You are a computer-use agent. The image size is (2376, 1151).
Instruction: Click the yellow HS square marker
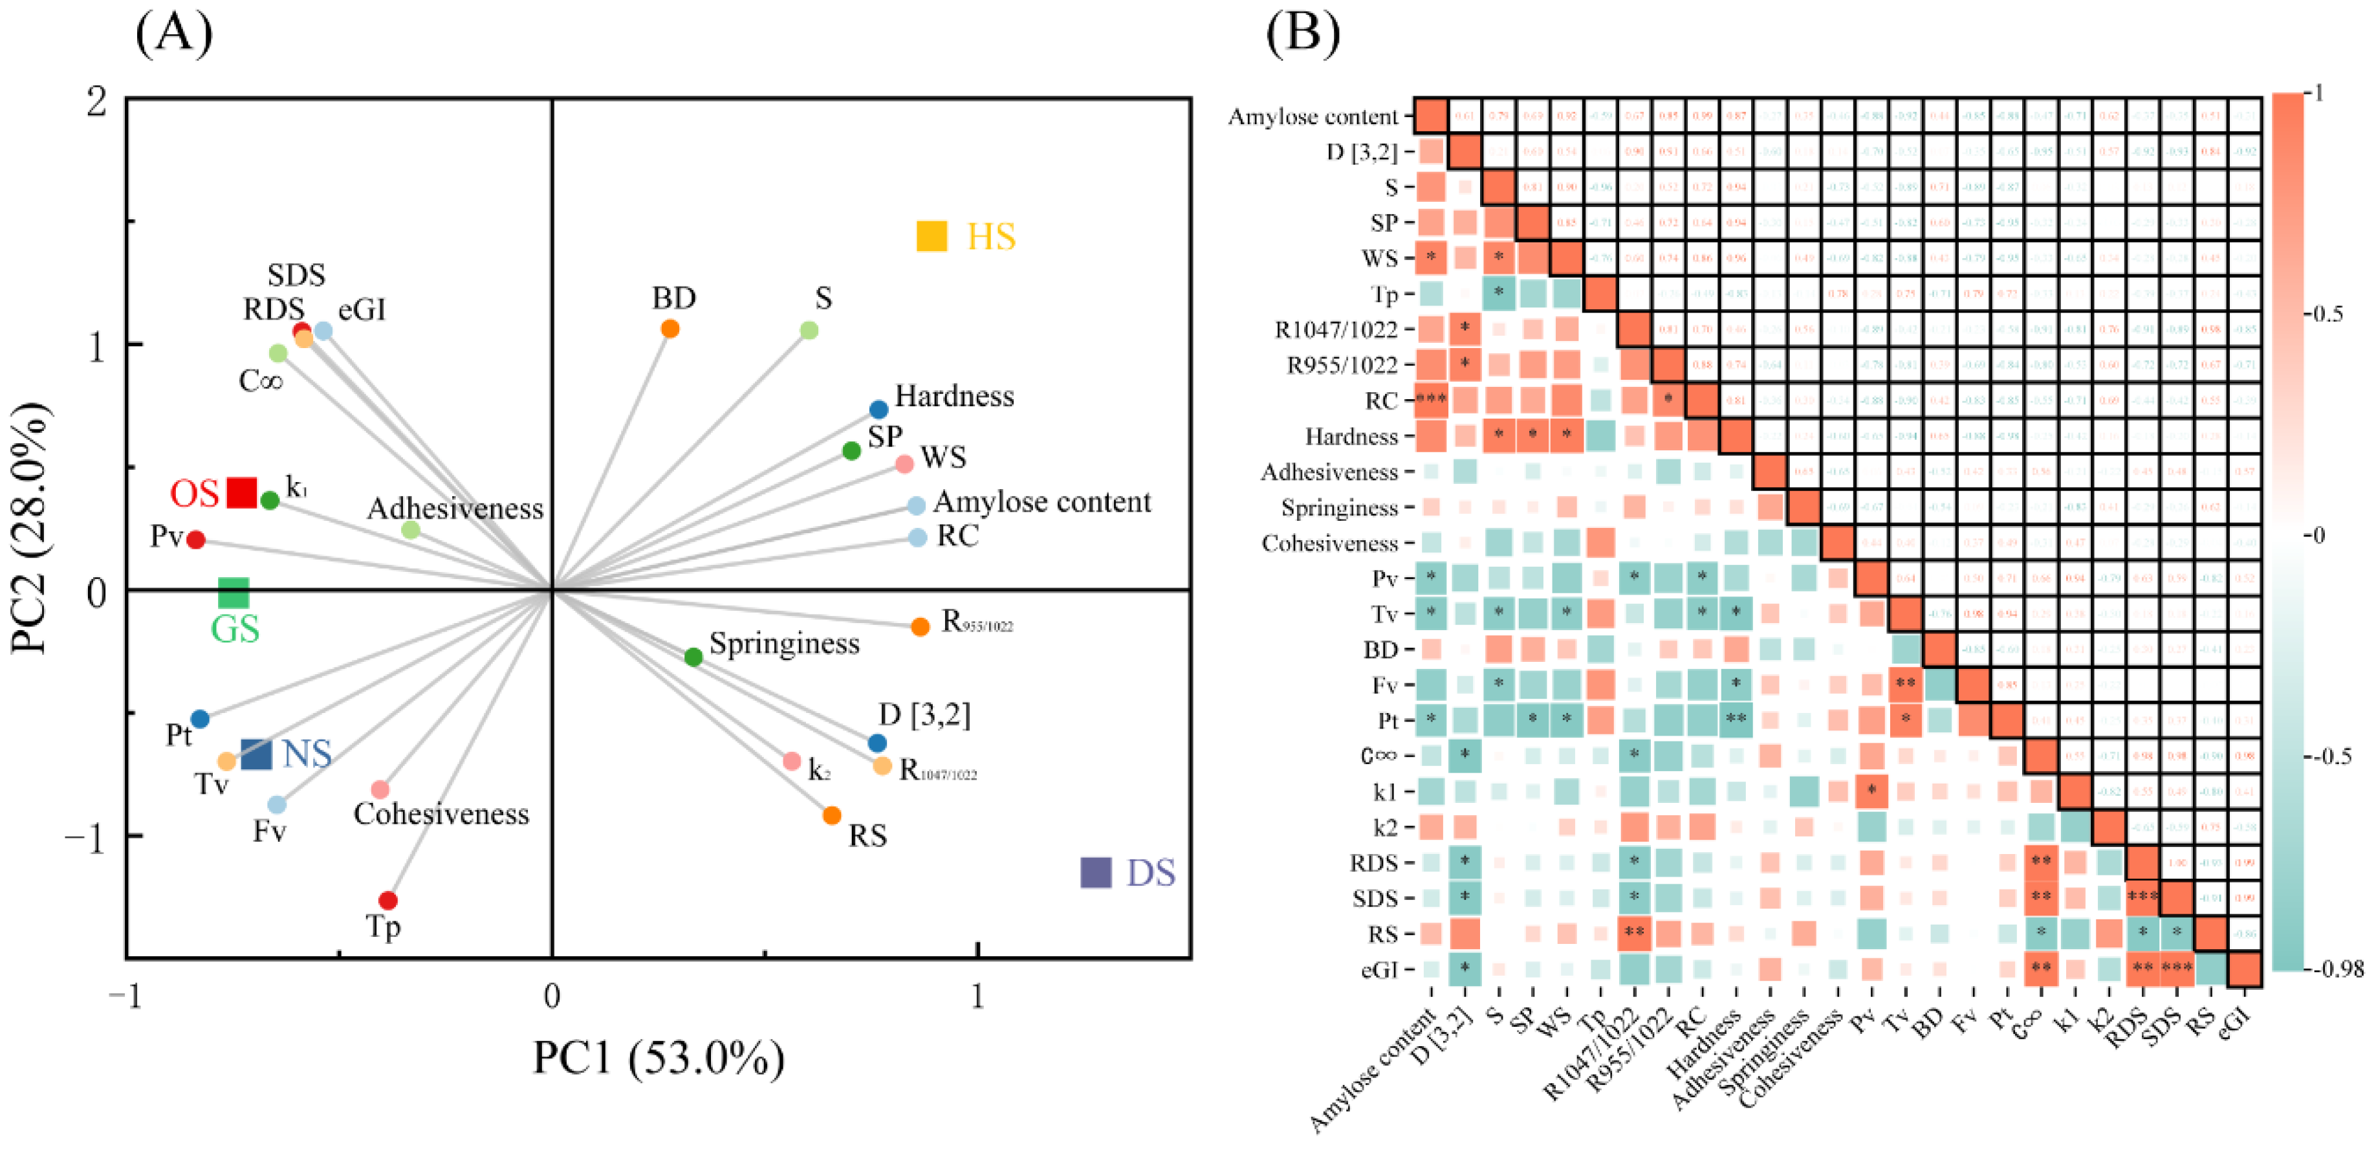point(932,236)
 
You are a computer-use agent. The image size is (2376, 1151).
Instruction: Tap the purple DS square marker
point(1096,873)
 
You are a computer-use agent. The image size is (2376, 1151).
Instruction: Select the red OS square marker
point(242,492)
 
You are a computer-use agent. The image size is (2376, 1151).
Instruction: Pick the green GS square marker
point(234,593)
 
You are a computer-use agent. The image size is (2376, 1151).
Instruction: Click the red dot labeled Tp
point(388,900)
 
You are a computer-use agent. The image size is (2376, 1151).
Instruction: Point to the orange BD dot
point(671,328)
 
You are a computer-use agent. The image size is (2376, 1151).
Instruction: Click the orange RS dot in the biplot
point(832,815)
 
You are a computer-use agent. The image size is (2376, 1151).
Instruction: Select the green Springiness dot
point(693,657)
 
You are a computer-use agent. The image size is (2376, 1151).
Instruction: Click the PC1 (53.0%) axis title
point(659,1058)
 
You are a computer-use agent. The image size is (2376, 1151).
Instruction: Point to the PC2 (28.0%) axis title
point(30,527)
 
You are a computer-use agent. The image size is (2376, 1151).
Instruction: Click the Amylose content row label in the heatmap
point(1313,117)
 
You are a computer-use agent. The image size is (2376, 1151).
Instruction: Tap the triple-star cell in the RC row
point(1430,400)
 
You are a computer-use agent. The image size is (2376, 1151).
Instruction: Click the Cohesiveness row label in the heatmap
point(1329,543)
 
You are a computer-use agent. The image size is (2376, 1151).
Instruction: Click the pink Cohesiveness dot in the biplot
point(380,789)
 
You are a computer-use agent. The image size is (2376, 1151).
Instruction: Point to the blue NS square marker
point(256,754)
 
